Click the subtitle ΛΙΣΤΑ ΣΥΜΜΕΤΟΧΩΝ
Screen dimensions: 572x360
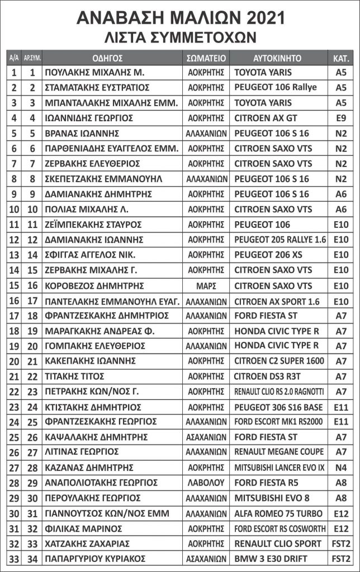tap(180, 37)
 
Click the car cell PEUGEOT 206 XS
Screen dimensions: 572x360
tap(268, 255)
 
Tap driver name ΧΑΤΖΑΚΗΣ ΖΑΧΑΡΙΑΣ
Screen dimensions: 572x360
tap(87, 543)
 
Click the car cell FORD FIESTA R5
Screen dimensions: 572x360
tap(265, 482)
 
